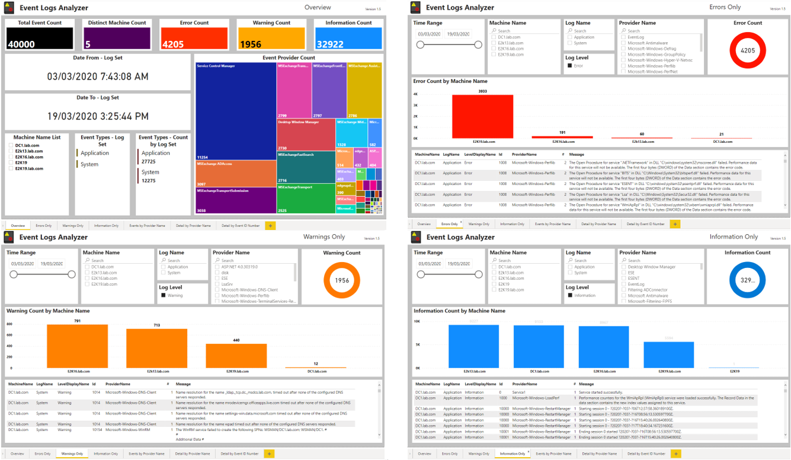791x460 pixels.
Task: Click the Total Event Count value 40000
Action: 21,44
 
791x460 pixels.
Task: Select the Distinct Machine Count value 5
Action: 88,44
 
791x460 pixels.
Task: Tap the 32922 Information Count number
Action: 330,44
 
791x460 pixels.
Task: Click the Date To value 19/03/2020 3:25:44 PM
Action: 98,116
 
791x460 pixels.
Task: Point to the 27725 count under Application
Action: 149,161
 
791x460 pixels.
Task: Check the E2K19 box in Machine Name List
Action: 11,162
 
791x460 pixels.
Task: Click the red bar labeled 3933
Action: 482,116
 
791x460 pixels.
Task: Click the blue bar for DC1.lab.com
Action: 538,346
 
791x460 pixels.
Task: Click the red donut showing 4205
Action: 748,50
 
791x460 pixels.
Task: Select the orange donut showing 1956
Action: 342,280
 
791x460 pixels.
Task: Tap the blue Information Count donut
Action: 747,280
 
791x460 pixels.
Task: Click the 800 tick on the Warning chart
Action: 9,324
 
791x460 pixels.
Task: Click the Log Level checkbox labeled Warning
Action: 164,295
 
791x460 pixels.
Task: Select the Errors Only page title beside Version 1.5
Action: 725,8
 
